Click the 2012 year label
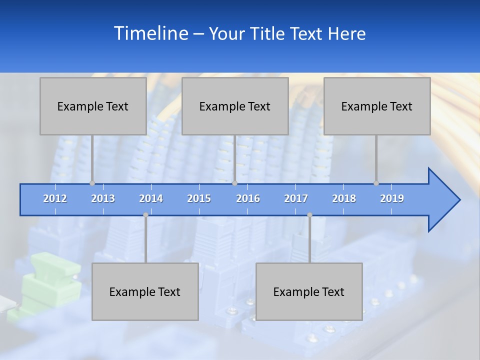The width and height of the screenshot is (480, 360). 55,198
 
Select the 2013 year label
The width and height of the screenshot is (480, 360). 103,198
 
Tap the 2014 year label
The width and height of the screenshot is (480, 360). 151,198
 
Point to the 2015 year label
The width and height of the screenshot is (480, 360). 199,198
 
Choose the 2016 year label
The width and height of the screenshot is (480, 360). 248,198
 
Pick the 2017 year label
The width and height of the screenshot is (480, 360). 296,198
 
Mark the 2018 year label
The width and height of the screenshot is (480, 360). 344,198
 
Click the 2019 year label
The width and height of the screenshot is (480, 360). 392,198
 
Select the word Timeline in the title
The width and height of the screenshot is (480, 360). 150,33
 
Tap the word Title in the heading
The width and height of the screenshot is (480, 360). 268,34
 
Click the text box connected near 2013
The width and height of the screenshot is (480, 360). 93,106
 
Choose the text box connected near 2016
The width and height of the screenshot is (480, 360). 235,106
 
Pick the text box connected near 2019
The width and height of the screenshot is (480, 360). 377,106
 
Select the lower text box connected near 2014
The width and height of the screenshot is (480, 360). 145,291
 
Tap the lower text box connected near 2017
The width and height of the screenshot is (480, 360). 309,291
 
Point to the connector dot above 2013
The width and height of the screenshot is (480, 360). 92,183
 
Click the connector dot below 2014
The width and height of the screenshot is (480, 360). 145,215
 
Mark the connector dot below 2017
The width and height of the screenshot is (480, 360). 309,215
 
